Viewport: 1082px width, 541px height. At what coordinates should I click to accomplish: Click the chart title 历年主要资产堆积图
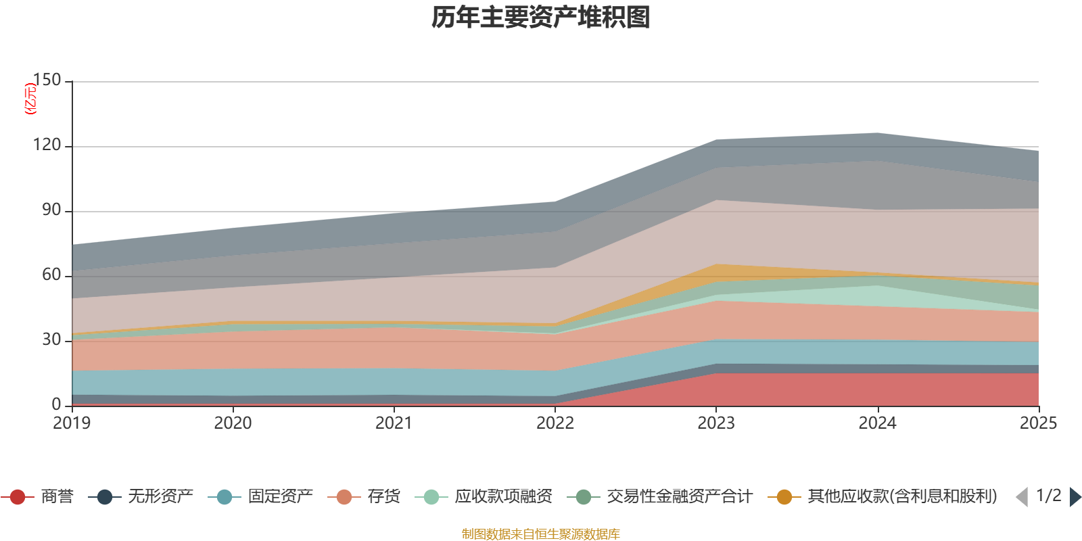[541, 18]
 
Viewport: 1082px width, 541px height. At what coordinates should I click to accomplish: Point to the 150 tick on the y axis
[47, 80]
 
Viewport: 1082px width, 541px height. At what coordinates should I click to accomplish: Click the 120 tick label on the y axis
[47, 145]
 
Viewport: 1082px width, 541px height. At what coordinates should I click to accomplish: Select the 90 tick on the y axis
[51, 210]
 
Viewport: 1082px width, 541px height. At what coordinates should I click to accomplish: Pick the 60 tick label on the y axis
[51, 275]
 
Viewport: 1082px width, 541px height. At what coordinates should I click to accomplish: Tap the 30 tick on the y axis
[51, 340]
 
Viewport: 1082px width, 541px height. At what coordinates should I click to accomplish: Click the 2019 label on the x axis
[72, 423]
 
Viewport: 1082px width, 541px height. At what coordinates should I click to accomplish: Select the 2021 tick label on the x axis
[394, 423]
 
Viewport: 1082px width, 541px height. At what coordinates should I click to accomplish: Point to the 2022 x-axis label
[555, 423]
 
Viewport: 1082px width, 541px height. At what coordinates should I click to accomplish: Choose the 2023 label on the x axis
[716, 423]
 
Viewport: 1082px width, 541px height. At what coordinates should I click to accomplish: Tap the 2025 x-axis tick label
[1037, 423]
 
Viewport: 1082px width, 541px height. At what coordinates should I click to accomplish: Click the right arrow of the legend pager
[1075, 497]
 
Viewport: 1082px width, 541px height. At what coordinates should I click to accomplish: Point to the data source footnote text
[541, 534]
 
